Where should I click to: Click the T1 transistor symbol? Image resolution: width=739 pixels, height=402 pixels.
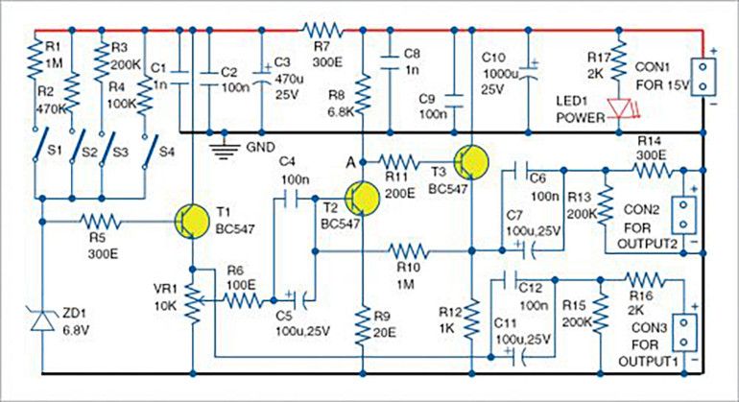tap(192, 221)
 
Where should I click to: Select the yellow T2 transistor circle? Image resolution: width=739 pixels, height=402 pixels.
tap(362, 199)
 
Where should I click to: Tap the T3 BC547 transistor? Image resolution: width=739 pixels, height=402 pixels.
tap(471, 162)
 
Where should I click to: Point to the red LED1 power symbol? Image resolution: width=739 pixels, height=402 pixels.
tap(619, 107)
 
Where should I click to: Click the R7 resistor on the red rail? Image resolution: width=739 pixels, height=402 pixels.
tap(322, 31)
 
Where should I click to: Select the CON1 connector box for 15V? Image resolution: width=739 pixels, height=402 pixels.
tap(703, 77)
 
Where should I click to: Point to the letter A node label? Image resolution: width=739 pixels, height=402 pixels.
tap(350, 163)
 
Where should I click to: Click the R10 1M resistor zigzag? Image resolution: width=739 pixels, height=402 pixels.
tap(408, 251)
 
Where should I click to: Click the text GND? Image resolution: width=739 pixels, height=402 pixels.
tap(260, 148)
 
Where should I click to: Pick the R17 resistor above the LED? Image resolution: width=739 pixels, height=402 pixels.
tap(619, 59)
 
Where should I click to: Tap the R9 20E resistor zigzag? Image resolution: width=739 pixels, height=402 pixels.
tap(362, 326)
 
